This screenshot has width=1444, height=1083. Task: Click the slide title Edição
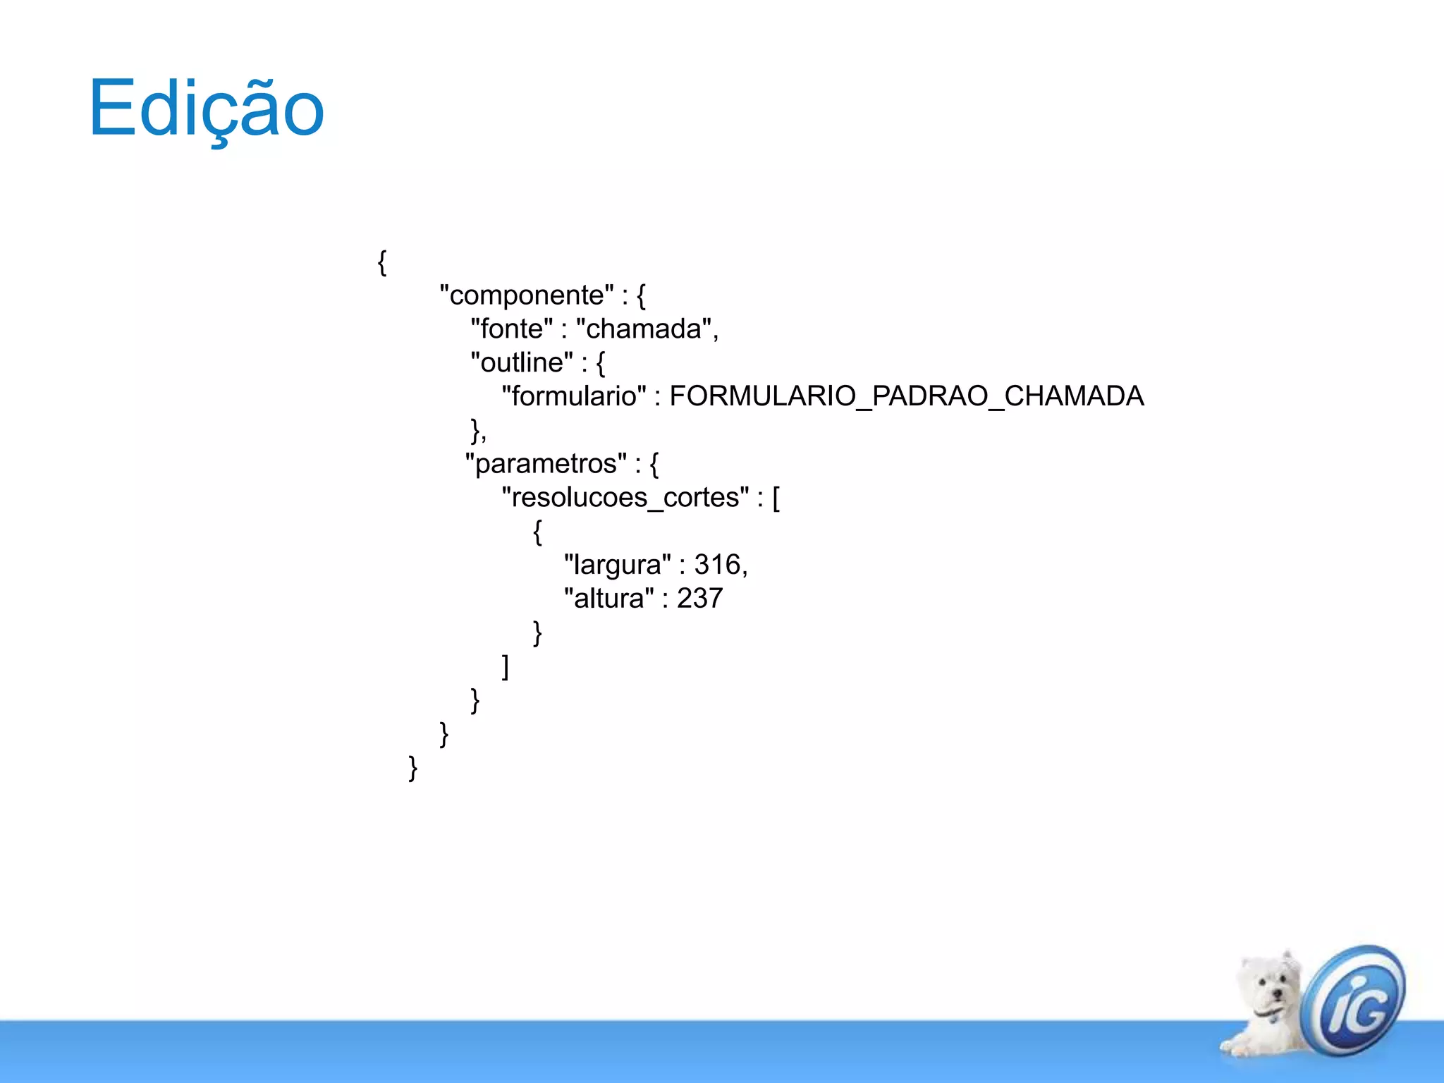pos(206,109)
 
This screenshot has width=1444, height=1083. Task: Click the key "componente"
pos(527,295)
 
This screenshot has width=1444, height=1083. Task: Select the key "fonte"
pos(512,329)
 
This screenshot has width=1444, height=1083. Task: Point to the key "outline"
pos(522,363)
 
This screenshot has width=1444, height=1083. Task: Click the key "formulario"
pos(574,396)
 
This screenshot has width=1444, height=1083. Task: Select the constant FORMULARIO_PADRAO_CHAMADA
pos(906,396)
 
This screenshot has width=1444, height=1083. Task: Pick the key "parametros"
pos(546,464)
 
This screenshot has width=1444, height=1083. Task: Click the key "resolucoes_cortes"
pos(625,498)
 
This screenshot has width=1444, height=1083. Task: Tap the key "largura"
pos(617,565)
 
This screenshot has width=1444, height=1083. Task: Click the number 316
pos(717,565)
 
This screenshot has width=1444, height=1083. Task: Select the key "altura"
pos(609,599)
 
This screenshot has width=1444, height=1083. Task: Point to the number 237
pos(699,599)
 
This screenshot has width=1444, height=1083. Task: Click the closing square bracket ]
pos(505,666)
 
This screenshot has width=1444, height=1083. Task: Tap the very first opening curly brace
pos(381,262)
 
